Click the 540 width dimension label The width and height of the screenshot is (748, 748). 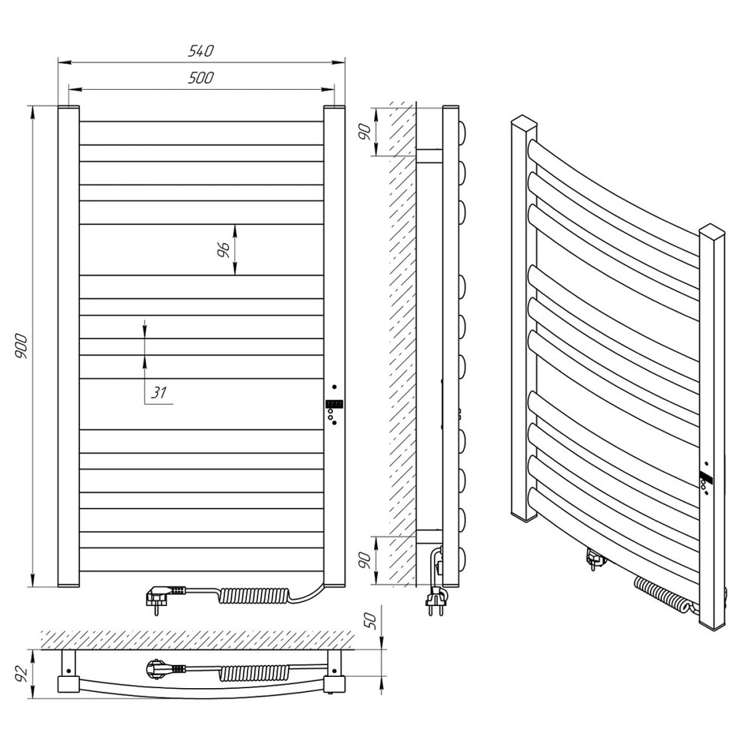point(202,51)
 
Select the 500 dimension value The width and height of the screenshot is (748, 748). point(202,77)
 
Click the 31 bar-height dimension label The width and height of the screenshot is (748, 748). point(159,393)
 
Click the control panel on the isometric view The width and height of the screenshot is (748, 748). point(705,479)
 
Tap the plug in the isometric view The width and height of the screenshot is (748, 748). point(595,558)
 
